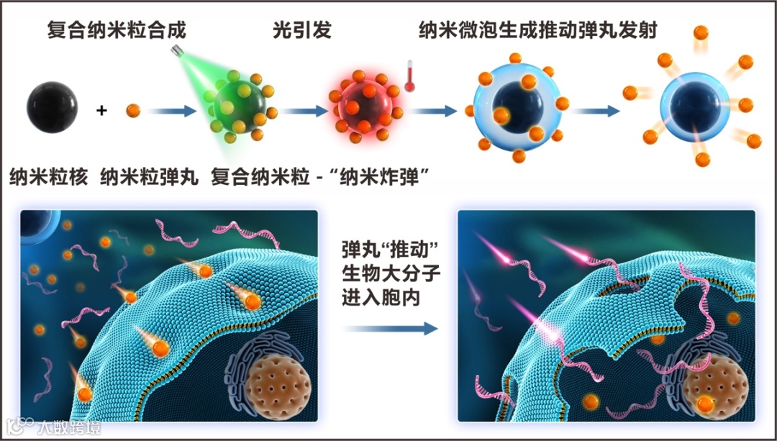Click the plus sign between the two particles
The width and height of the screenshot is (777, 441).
click(101, 111)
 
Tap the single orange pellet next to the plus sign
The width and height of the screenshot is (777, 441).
click(132, 111)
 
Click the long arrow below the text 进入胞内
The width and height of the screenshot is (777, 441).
click(389, 329)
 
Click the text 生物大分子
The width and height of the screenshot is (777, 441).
click(389, 274)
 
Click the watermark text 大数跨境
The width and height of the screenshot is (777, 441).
click(71, 427)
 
